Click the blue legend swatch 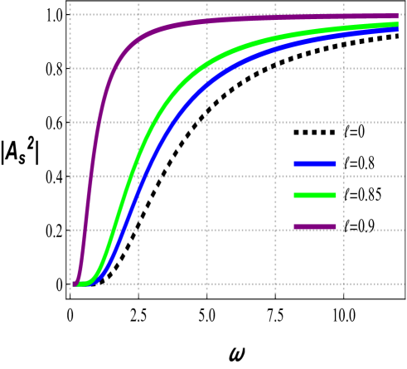(x=315, y=164)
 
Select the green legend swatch (x=315, y=196)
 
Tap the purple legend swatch (x=315, y=226)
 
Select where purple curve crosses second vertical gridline (x=138, y=38)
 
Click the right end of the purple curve (x=399, y=16)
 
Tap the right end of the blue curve (x=399, y=29)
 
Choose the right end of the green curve (x=399, y=24)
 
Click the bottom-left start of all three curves (x=74, y=284)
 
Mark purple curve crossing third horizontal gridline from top (x=98, y=123)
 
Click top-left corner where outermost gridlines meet (x=70, y=15)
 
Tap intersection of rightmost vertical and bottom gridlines (x=344, y=284)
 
